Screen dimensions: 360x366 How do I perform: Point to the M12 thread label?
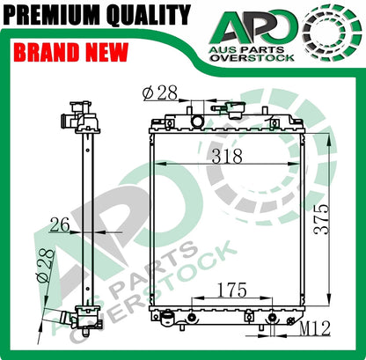pos(313,329)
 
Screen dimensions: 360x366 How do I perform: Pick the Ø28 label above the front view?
pos(158,92)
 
